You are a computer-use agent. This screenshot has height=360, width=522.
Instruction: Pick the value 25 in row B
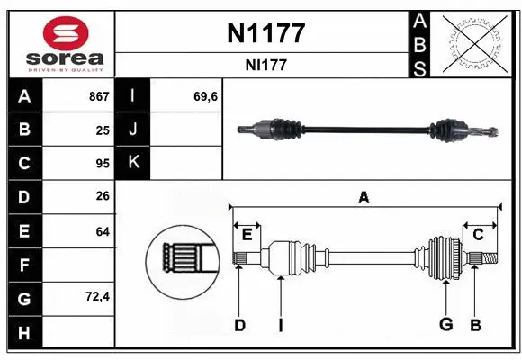tap(103, 130)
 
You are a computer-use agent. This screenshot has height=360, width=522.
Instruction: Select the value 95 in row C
tap(103, 164)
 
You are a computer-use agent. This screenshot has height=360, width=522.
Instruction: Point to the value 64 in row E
tap(103, 231)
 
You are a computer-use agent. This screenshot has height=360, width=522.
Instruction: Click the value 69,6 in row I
tap(205, 96)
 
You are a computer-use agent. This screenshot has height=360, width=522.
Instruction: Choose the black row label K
tap(133, 164)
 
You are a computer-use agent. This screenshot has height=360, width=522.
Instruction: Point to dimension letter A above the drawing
tap(364, 197)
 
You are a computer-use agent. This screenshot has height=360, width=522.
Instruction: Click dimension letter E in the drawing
tap(247, 235)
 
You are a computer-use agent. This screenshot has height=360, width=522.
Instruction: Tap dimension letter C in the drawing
tap(478, 235)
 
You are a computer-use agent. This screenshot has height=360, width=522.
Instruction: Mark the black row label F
tap(24, 265)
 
